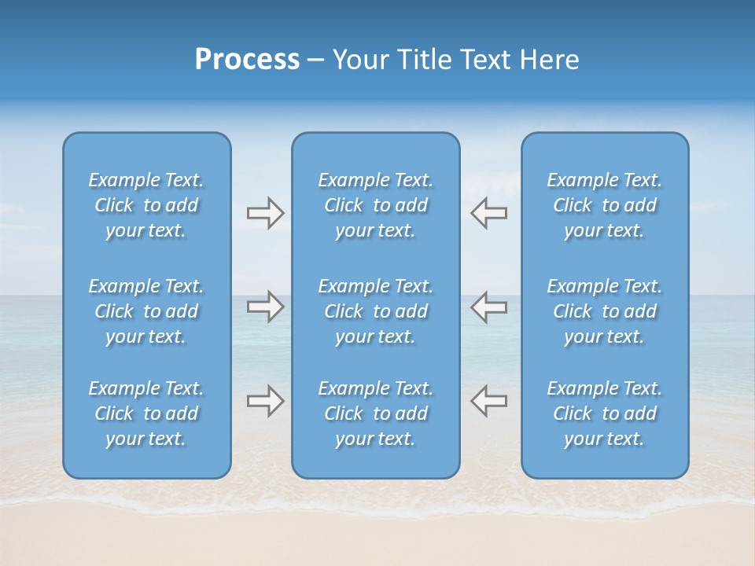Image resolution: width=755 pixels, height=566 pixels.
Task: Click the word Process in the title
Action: coord(247,60)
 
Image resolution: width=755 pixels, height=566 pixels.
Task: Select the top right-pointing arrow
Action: coord(265,213)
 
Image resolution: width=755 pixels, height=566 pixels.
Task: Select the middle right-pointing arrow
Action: coord(265,307)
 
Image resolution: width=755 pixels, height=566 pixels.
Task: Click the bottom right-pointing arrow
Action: coord(265,401)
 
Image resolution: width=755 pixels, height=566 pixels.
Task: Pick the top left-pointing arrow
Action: coord(488,213)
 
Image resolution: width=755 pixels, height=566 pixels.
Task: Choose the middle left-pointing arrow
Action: coord(488,307)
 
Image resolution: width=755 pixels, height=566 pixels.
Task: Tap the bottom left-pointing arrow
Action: coord(488,401)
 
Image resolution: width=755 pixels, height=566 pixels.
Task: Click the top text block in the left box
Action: coord(146,205)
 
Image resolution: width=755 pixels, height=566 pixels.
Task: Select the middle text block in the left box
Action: coord(146,311)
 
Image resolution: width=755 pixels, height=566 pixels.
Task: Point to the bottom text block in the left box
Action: coord(146,413)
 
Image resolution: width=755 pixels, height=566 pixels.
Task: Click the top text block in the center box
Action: coord(375,205)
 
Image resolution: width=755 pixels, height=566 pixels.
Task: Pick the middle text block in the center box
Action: coord(375,311)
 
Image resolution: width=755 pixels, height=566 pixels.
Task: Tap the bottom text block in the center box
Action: coord(375,413)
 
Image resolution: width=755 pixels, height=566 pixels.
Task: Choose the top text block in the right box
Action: coord(604,205)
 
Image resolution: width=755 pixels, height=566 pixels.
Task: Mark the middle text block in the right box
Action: coord(604,311)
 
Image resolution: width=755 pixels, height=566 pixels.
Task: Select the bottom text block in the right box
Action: coord(604,413)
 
